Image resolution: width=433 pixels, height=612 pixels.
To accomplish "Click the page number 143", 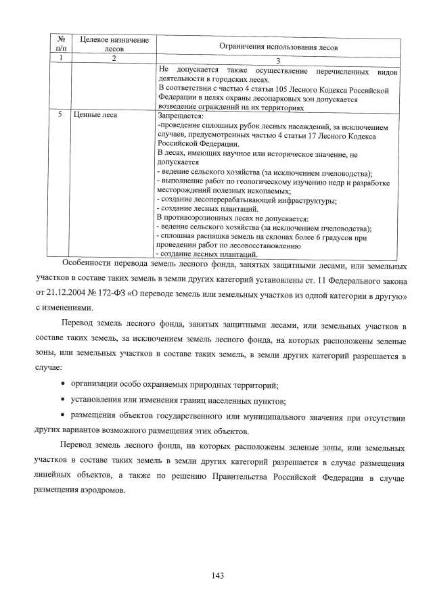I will click(216, 575).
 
